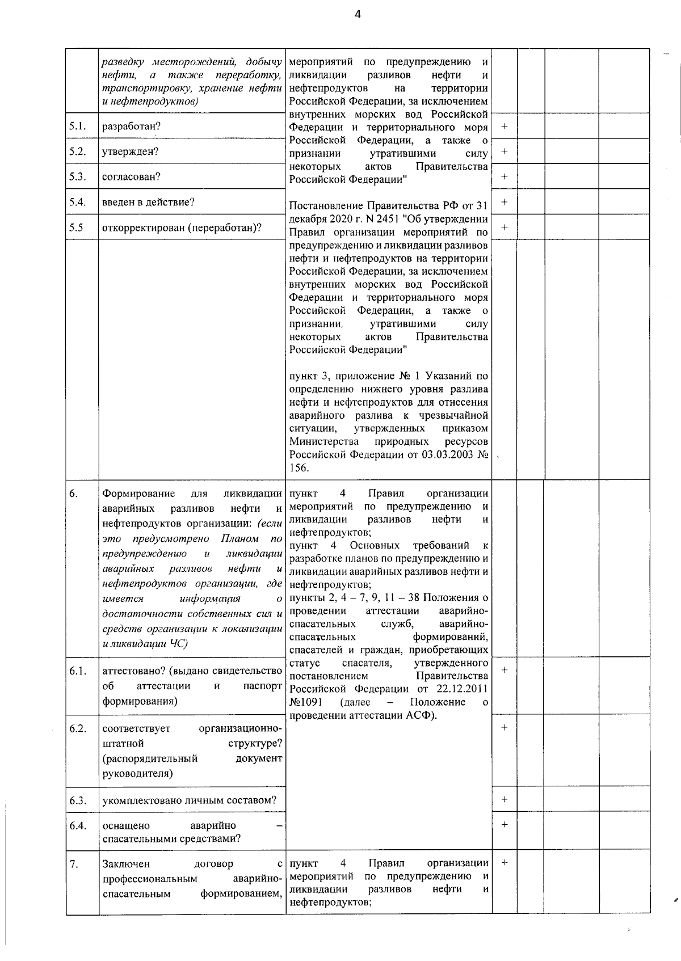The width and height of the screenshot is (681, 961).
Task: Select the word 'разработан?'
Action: point(131,127)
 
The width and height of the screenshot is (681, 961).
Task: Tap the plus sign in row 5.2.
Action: point(504,151)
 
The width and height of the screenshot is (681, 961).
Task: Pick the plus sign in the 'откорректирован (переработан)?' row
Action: point(504,227)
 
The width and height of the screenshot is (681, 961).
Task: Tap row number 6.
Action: point(74,494)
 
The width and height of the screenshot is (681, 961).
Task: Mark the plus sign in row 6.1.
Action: point(504,670)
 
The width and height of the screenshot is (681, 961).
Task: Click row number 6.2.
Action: point(78,728)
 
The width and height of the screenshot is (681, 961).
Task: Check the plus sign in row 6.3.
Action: point(504,800)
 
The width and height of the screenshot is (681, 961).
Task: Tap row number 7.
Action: point(74,864)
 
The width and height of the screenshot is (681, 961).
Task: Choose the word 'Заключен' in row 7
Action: point(126,864)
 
